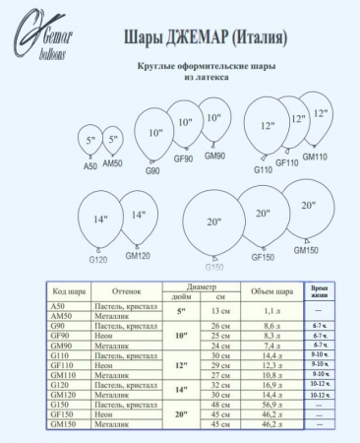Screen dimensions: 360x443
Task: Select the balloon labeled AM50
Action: point(113,141)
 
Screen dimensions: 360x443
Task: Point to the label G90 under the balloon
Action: point(152,169)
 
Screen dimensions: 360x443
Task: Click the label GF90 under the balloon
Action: point(183,158)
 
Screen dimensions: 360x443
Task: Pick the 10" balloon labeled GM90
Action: point(213,128)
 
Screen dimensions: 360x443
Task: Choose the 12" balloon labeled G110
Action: point(266,128)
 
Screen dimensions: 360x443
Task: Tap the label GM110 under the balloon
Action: point(315,157)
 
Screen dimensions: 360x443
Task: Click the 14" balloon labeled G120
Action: point(99,220)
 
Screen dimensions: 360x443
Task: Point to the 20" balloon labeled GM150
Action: point(308,211)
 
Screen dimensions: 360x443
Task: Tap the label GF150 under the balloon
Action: point(263,257)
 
